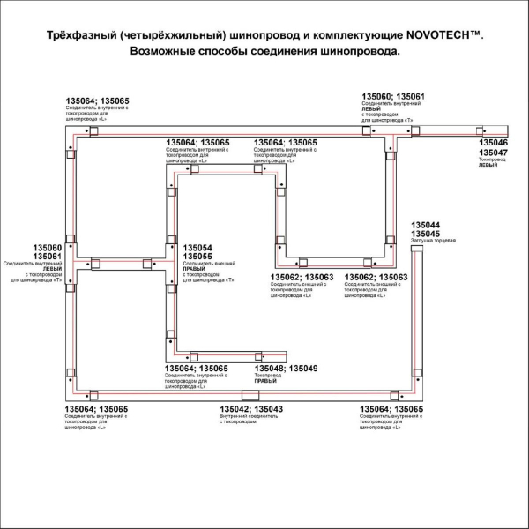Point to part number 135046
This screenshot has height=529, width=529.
[493, 142]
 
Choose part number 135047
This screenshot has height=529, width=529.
[493, 152]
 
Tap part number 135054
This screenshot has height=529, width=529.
[197, 247]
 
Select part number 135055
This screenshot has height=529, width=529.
[197, 256]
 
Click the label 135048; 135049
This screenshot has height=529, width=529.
[286, 368]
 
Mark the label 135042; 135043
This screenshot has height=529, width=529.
[251, 409]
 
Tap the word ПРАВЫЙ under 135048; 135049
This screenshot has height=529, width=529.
[266, 382]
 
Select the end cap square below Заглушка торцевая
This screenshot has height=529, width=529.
[415, 252]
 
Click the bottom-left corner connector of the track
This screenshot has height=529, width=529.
[71, 393]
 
